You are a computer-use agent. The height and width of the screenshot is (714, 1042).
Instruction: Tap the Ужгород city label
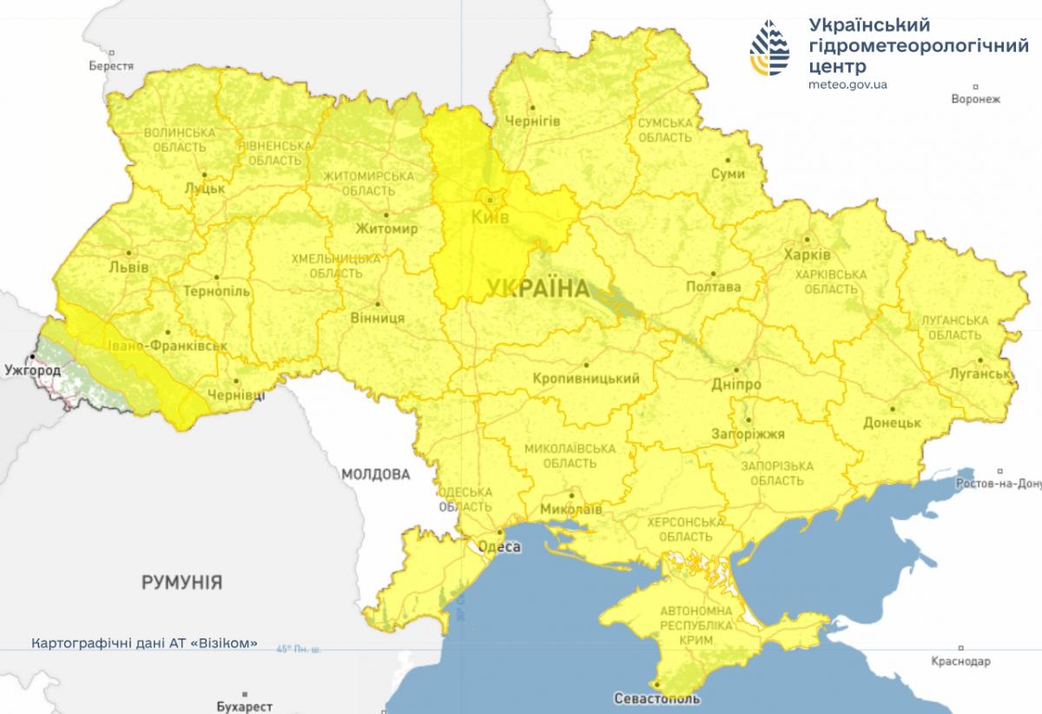coord(33,371)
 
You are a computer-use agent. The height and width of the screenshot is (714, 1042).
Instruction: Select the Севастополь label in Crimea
coord(656,697)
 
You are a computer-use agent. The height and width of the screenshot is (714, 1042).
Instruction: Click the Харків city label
coord(807,255)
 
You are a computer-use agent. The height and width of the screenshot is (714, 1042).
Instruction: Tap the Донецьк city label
coord(892,422)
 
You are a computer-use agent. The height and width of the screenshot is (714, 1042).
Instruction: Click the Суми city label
coord(727,174)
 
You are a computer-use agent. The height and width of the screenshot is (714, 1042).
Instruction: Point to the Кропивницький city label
coord(588,379)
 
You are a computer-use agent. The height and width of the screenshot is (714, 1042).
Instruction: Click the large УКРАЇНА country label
coord(537,288)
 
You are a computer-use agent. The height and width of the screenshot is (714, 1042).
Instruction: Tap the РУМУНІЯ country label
coord(181,582)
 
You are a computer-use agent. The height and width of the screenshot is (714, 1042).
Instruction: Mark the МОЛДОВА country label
coord(375,474)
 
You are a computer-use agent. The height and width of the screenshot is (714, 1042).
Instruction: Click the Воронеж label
coord(975,99)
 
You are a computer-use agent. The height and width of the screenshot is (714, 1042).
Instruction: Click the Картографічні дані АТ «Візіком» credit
coord(144,644)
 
